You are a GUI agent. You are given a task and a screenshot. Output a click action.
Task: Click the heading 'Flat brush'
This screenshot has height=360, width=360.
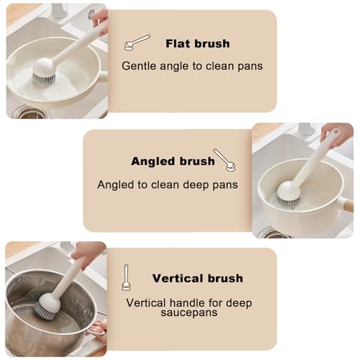click(x=198, y=44)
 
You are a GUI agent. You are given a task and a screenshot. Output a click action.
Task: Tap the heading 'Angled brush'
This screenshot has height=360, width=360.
click(x=173, y=161)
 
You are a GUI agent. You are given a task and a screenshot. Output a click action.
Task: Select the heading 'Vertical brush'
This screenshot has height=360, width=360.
click(x=197, y=279)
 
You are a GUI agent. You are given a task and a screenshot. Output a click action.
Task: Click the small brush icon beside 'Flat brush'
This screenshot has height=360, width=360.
click(x=137, y=42)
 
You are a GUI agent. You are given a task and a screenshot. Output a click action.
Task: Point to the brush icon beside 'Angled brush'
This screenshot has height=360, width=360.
click(x=225, y=160)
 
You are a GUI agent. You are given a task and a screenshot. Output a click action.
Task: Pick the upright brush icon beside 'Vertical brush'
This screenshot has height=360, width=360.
click(x=126, y=277)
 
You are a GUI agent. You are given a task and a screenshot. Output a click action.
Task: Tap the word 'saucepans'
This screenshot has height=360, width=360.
click(x=189, y=312)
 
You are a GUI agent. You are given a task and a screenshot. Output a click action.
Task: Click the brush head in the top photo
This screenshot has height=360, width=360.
click(x=44, y=71)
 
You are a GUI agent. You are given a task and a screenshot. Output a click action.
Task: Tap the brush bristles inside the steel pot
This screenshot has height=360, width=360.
click(x=45, y=311)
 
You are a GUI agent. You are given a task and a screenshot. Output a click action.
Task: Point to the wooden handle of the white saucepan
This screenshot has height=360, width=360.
click(x=348, y=206)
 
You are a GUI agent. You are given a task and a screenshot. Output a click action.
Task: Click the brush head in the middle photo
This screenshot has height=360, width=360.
click(x=289, y=194)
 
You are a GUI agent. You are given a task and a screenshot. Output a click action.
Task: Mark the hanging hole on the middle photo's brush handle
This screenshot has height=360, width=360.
click(x=336, y=132)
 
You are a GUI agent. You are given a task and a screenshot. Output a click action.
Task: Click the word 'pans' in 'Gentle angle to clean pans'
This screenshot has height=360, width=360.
click(x=251, y=66)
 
